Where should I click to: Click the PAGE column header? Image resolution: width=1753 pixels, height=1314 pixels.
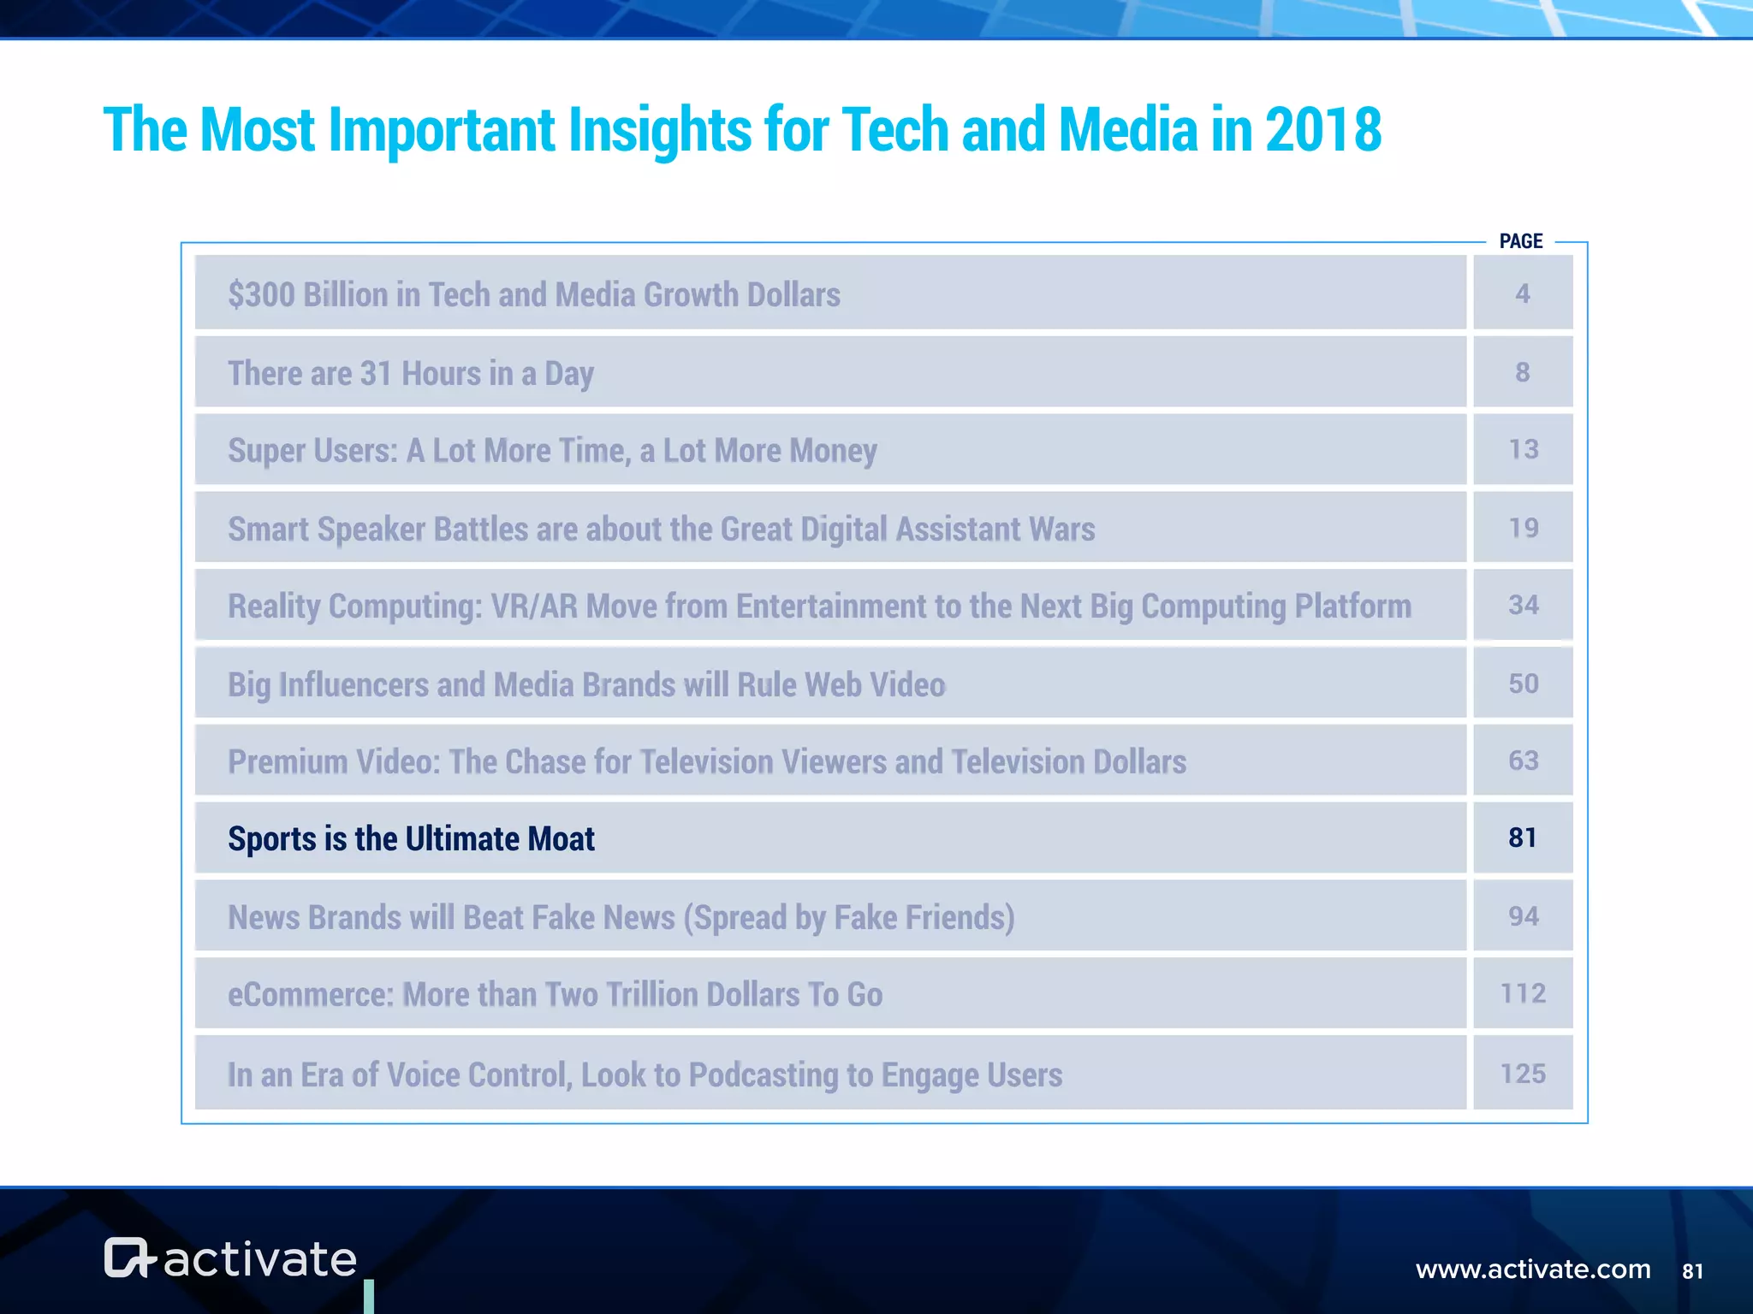(x=1520, y=241)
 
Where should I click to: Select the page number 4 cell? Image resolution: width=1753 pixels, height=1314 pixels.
(x=1522, y=293)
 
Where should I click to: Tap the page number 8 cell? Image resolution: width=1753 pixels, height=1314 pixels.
(x=1522, y=372)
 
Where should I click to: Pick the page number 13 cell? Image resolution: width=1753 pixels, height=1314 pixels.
(x=1523, y=449)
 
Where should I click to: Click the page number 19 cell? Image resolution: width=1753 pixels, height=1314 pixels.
(x=1523, y=528)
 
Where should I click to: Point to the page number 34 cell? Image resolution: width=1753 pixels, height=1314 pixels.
(x=1523, y=605)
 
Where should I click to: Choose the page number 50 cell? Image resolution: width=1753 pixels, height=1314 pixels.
(x=1523, y=684)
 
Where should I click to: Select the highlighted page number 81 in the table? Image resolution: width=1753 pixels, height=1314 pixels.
(x=1522, y=838)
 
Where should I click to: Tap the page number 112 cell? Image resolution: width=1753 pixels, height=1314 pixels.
(x=1523, y=993)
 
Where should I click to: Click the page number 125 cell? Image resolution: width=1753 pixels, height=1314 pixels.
(x=1523, y=1074)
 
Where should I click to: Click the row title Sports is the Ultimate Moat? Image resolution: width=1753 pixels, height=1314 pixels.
(x=411, y=839)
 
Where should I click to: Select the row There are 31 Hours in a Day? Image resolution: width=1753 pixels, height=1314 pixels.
(x=411, y=374)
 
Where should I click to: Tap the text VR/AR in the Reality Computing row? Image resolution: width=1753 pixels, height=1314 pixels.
(x=533, y=607)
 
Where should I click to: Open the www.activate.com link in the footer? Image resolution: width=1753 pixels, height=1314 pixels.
(x=1532, y=1270)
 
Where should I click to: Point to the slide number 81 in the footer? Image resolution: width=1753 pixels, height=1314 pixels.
(x=1692, y=1271)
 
